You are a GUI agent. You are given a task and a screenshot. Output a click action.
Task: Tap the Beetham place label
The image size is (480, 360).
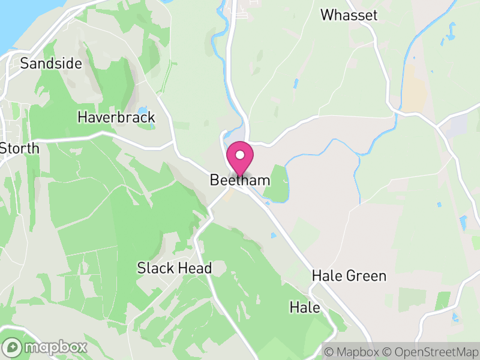(240, 180)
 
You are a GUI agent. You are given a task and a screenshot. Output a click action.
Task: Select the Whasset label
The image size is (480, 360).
(349, 15)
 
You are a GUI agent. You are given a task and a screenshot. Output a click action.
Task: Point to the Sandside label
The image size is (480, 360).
(51, 64)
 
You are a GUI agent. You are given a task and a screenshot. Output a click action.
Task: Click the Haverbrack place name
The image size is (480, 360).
(116, 117)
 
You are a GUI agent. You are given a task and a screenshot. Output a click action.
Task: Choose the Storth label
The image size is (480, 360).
(19, 148)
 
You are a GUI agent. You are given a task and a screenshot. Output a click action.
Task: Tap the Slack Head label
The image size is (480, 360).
(175, 268)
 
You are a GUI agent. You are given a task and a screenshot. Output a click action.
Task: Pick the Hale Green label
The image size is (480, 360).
(349, 276)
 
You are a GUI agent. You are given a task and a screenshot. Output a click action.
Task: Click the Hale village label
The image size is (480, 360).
(305, 308)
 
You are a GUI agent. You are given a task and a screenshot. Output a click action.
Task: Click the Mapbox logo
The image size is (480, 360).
(46, 347)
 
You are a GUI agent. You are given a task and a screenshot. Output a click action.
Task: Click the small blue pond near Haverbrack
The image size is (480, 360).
(142, 112)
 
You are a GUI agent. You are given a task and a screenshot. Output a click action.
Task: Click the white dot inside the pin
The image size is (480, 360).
(240, 155)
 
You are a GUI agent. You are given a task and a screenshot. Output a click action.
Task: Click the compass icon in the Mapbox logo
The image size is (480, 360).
(13, 347)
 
